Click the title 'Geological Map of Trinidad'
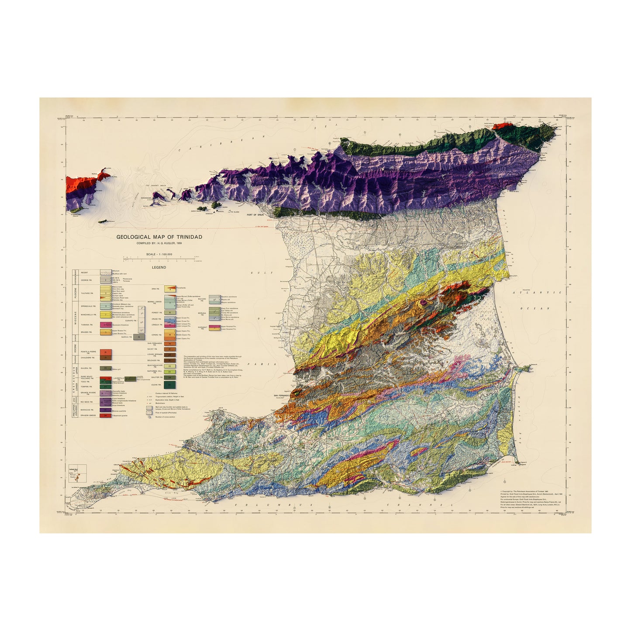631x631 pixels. coord(159,237)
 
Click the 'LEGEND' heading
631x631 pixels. coord(159,267)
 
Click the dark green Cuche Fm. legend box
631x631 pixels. coord(170,385)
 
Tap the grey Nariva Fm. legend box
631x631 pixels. coord(139,337)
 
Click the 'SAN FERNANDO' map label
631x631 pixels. coord(282,396)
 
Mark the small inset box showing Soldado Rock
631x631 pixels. coord(78,473)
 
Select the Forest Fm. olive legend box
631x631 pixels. coord(170,313)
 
